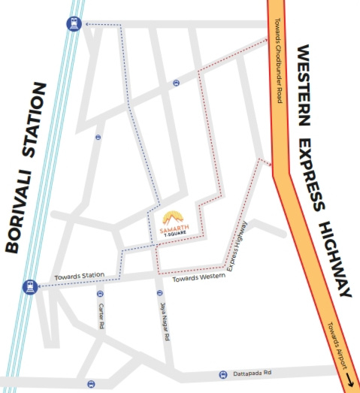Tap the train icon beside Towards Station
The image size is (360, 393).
tap(29, 286)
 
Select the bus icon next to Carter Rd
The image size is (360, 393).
tap(99, 295)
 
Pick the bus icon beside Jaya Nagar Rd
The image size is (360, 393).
tap(159, 292)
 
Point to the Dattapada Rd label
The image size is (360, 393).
tap(252, 373)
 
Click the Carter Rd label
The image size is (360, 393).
tap(100, 317)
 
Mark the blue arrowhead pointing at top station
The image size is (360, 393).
tap(87, 24)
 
